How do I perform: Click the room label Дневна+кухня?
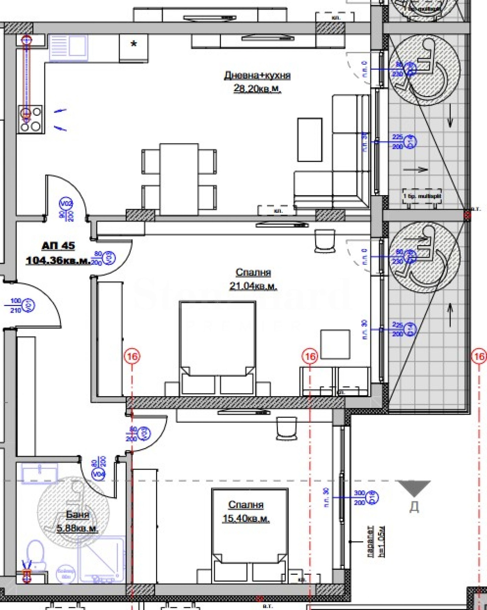[257, 75]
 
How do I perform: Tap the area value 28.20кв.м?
[257, 88]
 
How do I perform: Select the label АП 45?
[58, 245]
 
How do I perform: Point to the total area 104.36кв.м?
[58, 260]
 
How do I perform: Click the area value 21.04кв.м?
[253, 286]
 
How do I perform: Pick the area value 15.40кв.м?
[246, 518]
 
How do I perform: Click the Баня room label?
[78, 515]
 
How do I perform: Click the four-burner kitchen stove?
[30, 120]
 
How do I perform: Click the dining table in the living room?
[179, 179]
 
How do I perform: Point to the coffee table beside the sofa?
[310, 140]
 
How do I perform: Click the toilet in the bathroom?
[36, 555]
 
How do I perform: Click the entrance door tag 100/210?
[16, 305]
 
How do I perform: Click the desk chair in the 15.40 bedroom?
[286, 428]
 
